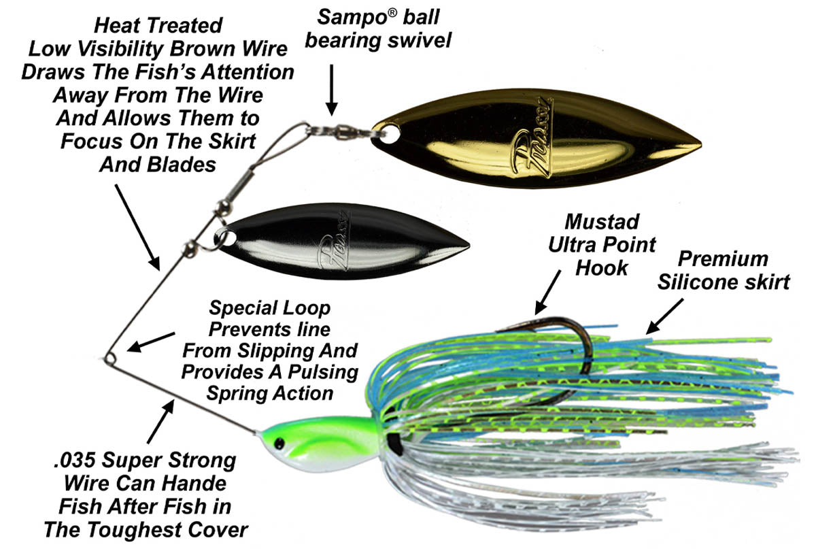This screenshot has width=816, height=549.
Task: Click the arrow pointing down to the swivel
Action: coord(331,88)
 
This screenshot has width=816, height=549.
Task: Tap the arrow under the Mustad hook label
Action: coord(548,293)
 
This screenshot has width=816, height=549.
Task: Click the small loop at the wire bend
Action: coord(109,357)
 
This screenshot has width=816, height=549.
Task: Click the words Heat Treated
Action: coord(158,26)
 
